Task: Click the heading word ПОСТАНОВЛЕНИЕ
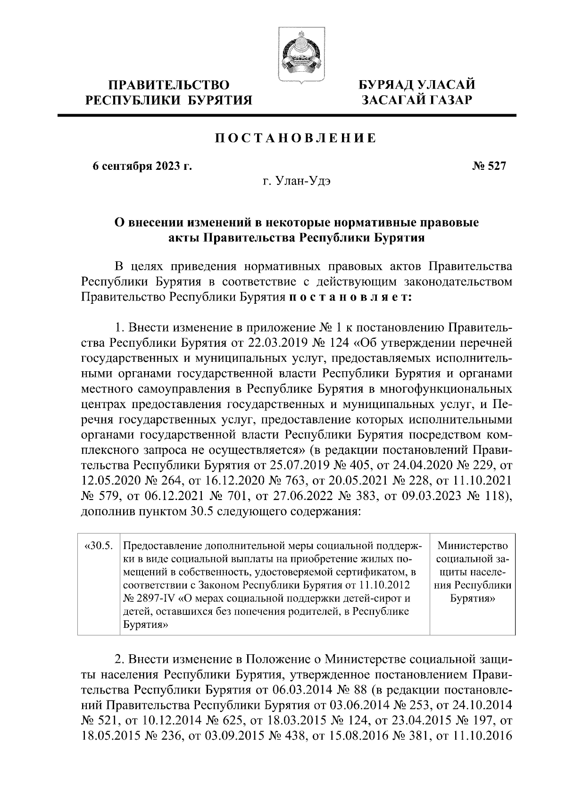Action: click(x=296, y=138)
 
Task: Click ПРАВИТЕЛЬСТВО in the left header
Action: click(x=169, y=85)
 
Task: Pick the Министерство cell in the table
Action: click(x=472, y=546)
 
